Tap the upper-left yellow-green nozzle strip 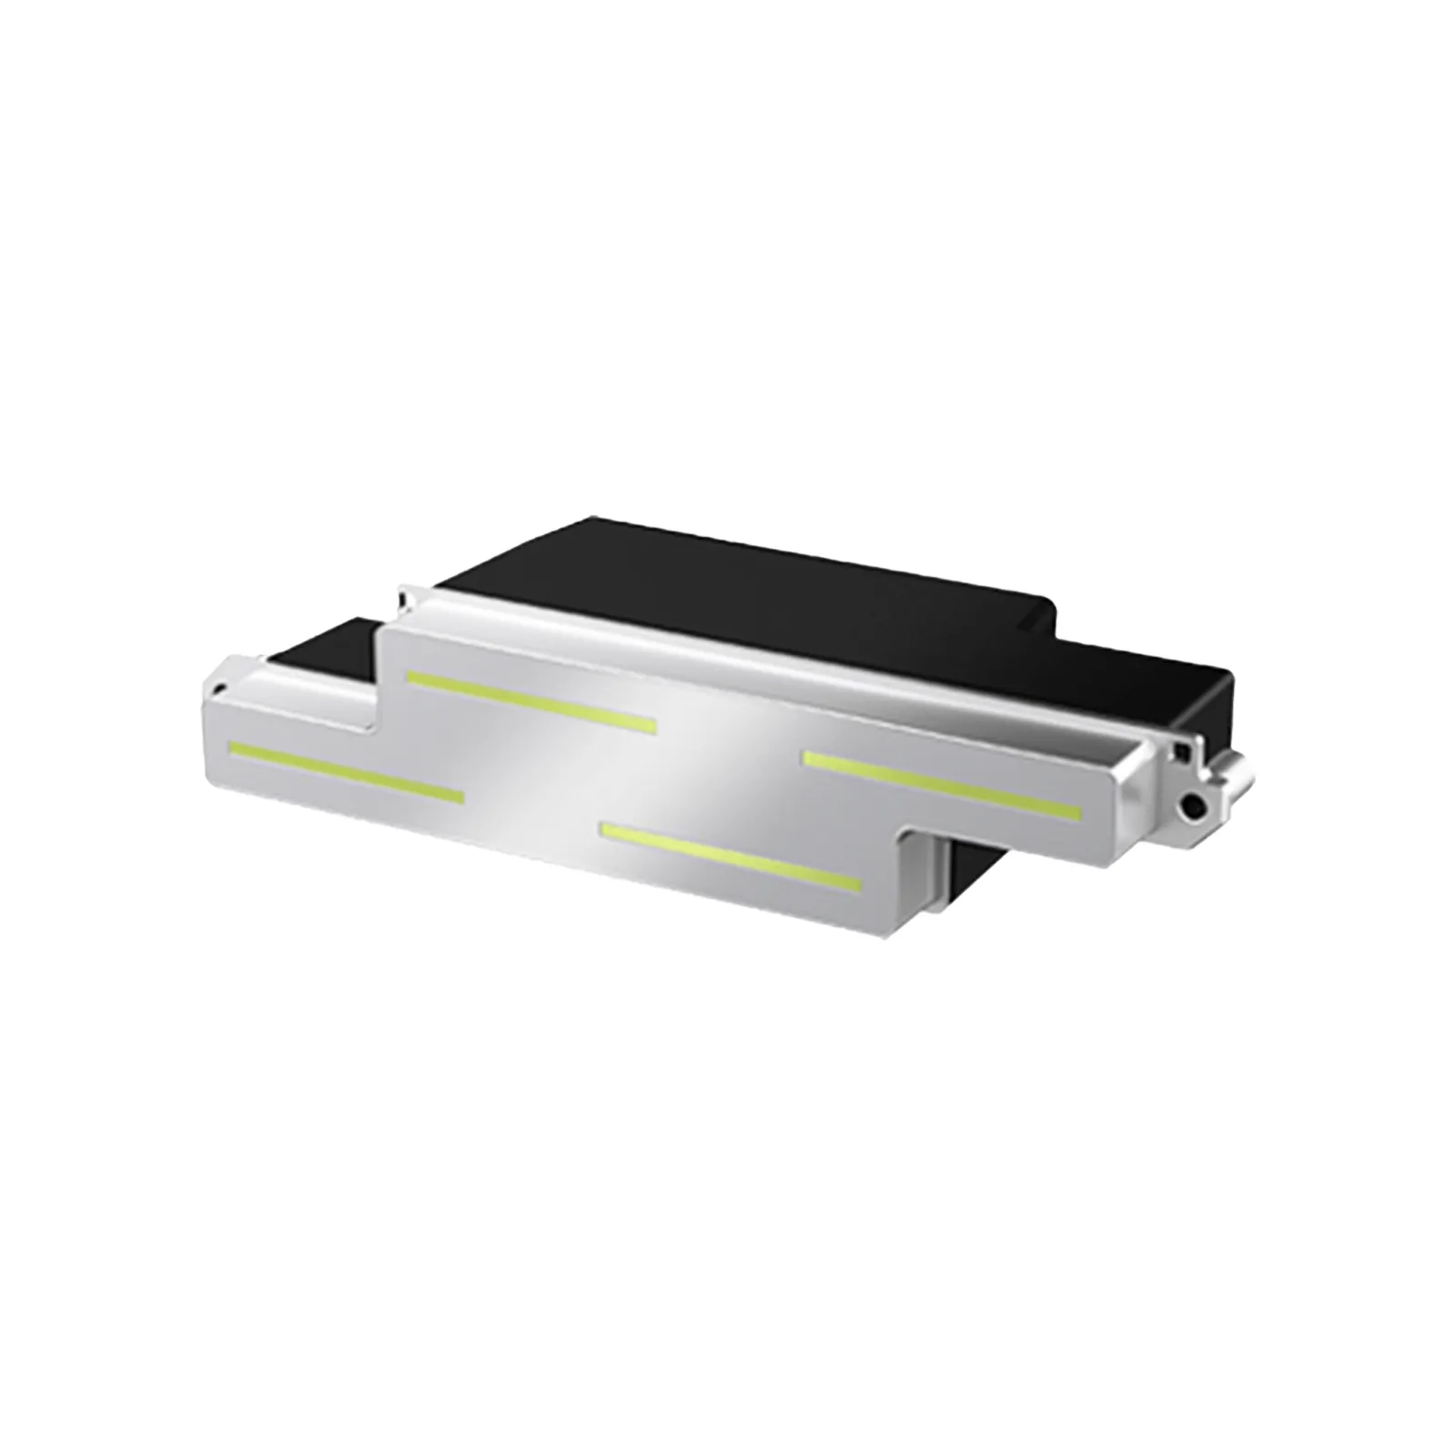pyautogui.click(x=531, y=700)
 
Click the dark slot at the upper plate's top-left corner pyautogui.click(x=403, y=596)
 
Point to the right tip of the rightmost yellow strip pyautogui.click(x=1077, y=810)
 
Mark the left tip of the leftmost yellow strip pyautogui.click(x=233, y=749)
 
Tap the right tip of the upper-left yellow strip pyautogui.click(x=652, y=725)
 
